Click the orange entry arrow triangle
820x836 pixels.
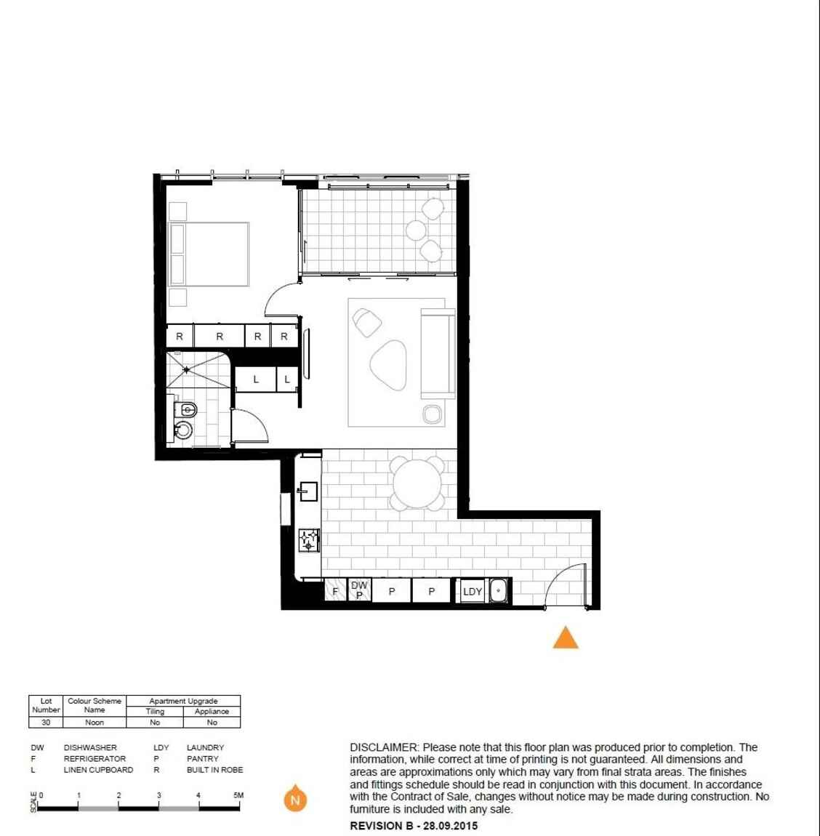566,638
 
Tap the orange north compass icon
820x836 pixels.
294,800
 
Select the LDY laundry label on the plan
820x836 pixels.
473,592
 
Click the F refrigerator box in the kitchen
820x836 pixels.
335,591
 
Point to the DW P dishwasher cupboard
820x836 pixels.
359,590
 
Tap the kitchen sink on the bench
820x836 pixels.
307,491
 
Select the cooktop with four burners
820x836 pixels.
310,539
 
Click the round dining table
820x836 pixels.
417,483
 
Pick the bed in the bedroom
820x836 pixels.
209,254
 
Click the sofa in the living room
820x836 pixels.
438,353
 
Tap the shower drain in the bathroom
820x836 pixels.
186,369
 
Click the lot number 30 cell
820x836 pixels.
46,723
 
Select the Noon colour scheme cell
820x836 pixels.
95,723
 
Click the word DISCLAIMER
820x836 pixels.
384,747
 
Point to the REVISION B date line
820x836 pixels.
414,826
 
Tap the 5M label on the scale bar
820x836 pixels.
238,795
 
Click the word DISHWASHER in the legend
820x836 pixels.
90,747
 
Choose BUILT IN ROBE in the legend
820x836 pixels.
214,769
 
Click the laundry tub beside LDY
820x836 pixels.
499,591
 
